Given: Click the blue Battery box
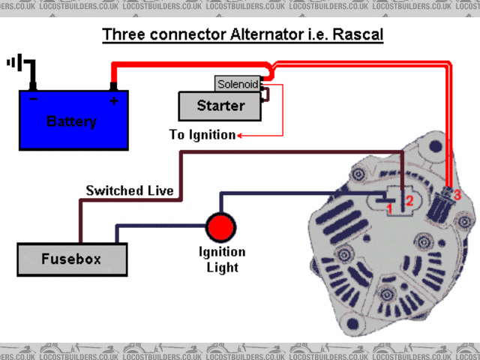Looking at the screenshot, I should [73, 120].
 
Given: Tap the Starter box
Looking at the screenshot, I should [220, 106].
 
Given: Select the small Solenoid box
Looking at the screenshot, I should [237, 84].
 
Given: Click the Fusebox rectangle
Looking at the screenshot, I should [72, 259].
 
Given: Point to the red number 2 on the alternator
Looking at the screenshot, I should [409, 201].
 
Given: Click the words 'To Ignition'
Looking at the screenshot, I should [202, 135].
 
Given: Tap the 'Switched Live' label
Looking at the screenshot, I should [130, 190].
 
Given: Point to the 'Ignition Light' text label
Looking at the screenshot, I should [222, 259].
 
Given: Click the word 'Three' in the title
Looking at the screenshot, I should [124, 34].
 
